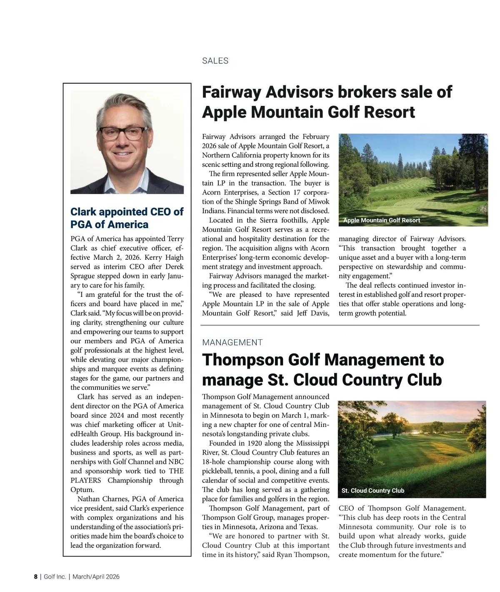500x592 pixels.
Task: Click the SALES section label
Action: pos(215,61)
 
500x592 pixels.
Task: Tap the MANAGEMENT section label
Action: pos(232,343)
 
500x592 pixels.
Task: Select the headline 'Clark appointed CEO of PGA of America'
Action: pos(127,218)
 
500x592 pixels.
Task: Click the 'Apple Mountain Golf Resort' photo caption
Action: pos(381,220)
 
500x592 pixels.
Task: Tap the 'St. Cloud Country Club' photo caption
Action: pos(372,491)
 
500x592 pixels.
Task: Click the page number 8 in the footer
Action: pos(35,577)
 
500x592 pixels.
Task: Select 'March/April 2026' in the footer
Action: pos(96,577)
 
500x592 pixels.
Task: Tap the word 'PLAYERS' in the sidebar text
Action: pos(85,480)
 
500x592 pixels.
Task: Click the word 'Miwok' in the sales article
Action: pos(319,202)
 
